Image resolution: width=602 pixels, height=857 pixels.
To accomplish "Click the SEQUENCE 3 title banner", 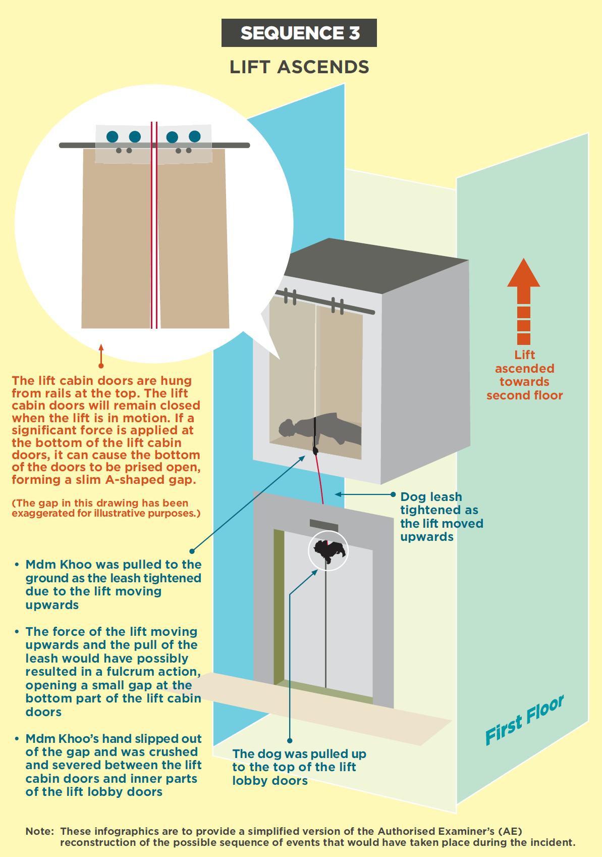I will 299,33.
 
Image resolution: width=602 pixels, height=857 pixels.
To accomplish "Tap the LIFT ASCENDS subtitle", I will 299,67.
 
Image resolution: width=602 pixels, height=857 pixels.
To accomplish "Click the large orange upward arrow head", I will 524,274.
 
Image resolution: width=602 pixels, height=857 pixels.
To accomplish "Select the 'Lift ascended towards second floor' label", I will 524,375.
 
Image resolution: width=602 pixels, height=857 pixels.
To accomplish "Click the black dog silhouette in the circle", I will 329,549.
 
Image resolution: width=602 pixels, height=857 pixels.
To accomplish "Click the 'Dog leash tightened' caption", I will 442,517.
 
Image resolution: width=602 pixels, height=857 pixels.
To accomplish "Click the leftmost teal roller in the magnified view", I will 113,136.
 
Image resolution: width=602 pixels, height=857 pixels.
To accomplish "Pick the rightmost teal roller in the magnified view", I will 195,136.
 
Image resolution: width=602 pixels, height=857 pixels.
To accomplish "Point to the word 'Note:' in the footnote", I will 39,831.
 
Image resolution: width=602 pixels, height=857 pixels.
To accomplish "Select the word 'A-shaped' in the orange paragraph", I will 129,480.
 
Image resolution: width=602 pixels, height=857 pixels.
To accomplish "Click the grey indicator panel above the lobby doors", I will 323,525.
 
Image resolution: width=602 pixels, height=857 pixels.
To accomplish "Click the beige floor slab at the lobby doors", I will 323,707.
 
